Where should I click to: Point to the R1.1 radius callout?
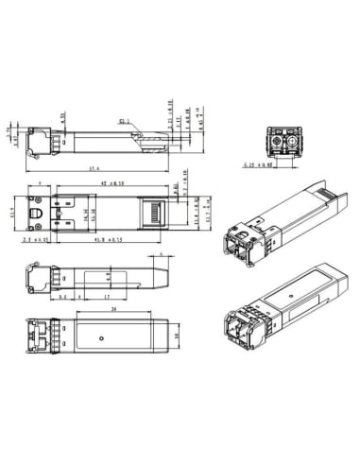pyautogui.click(x=125, y=122)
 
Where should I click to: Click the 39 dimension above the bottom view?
pyautogui.click(x=113, y=309)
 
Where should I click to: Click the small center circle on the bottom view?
pyautogui.click(x=101, y=335)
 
